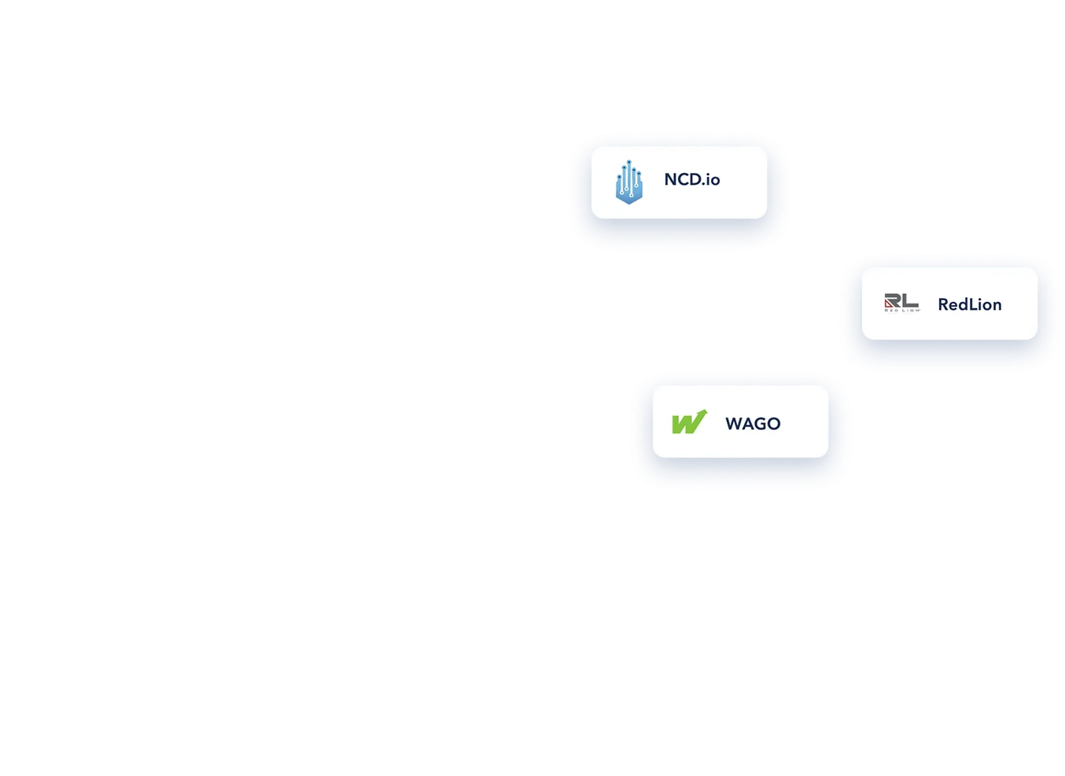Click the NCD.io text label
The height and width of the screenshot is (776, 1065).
tap(691, 180)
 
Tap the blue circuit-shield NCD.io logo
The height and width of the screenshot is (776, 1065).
tap(628, 182)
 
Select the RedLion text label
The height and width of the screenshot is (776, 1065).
tap(969, 305)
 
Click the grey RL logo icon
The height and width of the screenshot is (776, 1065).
tap(901, 303)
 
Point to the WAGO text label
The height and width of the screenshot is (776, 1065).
tap(753, 424)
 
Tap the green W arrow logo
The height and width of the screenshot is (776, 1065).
tap(689, 422)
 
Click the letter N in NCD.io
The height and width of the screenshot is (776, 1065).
tap(670, 180)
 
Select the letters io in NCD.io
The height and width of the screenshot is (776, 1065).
tap(713, 180)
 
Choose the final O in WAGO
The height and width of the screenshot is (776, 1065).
tap(773, 424)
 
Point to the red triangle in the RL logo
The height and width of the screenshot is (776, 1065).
tap(889, 303)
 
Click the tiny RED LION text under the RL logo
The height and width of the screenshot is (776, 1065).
tap(901, 311)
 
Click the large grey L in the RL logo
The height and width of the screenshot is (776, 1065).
tap(910, 300)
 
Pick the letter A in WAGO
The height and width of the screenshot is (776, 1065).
tap(744, 424)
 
